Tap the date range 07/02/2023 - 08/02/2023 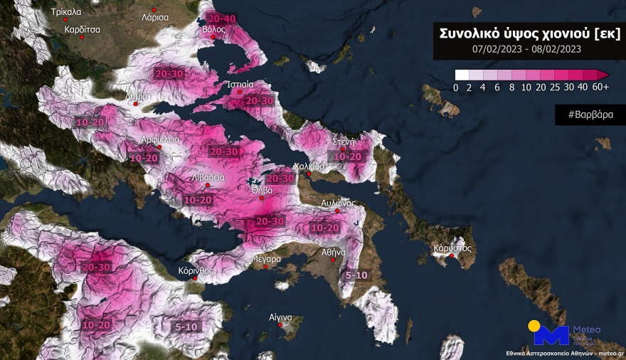coord(527,49)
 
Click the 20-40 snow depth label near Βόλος coord(220,18)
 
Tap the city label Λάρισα coord(154,16)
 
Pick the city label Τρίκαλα coord(65,12)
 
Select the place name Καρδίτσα coord(82,30)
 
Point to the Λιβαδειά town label coord(208,177)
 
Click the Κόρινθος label coord(196,271)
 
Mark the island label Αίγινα coord(282,317)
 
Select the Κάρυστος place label coord(453,249)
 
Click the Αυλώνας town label coord(338,203)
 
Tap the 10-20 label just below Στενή coord(348,157)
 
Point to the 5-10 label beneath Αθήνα coord(356,275)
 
